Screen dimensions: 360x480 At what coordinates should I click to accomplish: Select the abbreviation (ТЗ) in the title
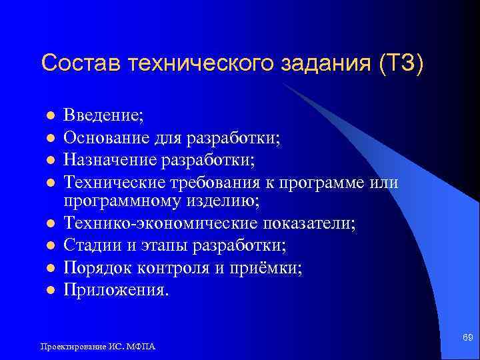(401, 64)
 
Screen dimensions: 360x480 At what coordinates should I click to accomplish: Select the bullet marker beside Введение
(49, 117)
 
